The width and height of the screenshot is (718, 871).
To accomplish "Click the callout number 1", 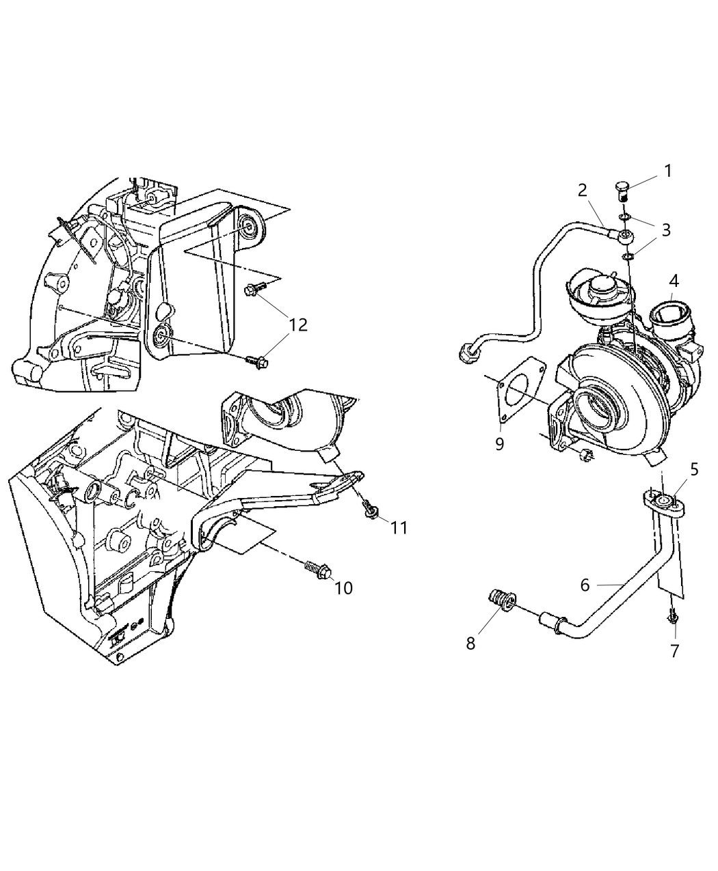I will coord(667,171).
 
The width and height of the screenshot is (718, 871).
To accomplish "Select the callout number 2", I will coord(582,190).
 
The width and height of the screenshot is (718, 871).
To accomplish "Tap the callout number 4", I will coord(674,280).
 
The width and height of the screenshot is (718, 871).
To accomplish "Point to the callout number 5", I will coord(694,469).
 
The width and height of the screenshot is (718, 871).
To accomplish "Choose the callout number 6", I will coord(585,585).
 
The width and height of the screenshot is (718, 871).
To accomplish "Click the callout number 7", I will coord(674,651).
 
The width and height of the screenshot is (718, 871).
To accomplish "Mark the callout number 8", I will coord(470,643).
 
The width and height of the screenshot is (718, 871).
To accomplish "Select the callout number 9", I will coord(499,444).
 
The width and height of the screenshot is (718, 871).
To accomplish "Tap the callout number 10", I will coord(343,587).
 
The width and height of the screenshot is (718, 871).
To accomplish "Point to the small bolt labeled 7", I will coord(674,617).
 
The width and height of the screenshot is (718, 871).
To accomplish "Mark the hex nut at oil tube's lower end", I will coord(467,353).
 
